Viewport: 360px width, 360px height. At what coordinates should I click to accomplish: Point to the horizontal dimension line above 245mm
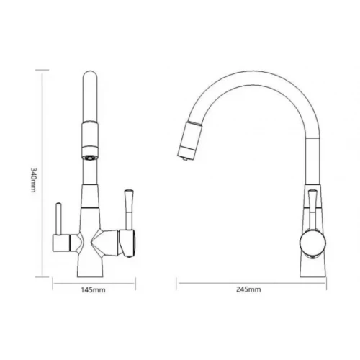248,282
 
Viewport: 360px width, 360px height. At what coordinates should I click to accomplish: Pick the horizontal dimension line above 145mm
94,282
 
